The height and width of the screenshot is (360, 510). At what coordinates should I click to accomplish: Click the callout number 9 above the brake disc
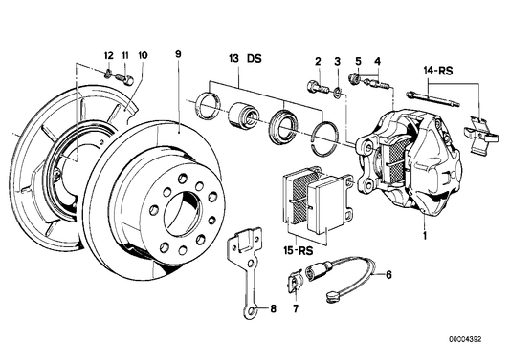click(x=178, y=53)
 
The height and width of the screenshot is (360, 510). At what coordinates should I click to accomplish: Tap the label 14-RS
click(x=438, y=71)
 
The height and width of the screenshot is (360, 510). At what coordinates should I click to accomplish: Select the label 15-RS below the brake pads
click(x=298, y=250)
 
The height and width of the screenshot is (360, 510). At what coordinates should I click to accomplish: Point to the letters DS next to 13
click(x=254, y=59)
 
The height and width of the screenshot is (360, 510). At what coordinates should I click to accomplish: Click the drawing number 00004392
click(x=465, y=340)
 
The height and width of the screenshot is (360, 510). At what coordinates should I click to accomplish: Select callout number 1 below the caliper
click(x=425, y=235)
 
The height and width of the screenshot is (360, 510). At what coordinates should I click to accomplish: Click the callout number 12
click(x=109, y=55)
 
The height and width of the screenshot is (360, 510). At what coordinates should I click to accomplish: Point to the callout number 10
click(x=143, y=55)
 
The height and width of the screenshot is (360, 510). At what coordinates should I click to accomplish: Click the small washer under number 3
click(x=338, y=92)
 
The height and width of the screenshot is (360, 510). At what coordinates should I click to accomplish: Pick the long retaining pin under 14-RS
click(x=433, y=99)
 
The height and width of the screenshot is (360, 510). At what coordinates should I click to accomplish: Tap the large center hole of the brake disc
click(x=183, y=214)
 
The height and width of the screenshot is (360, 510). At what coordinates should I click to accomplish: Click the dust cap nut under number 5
click(x=353, y=79)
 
